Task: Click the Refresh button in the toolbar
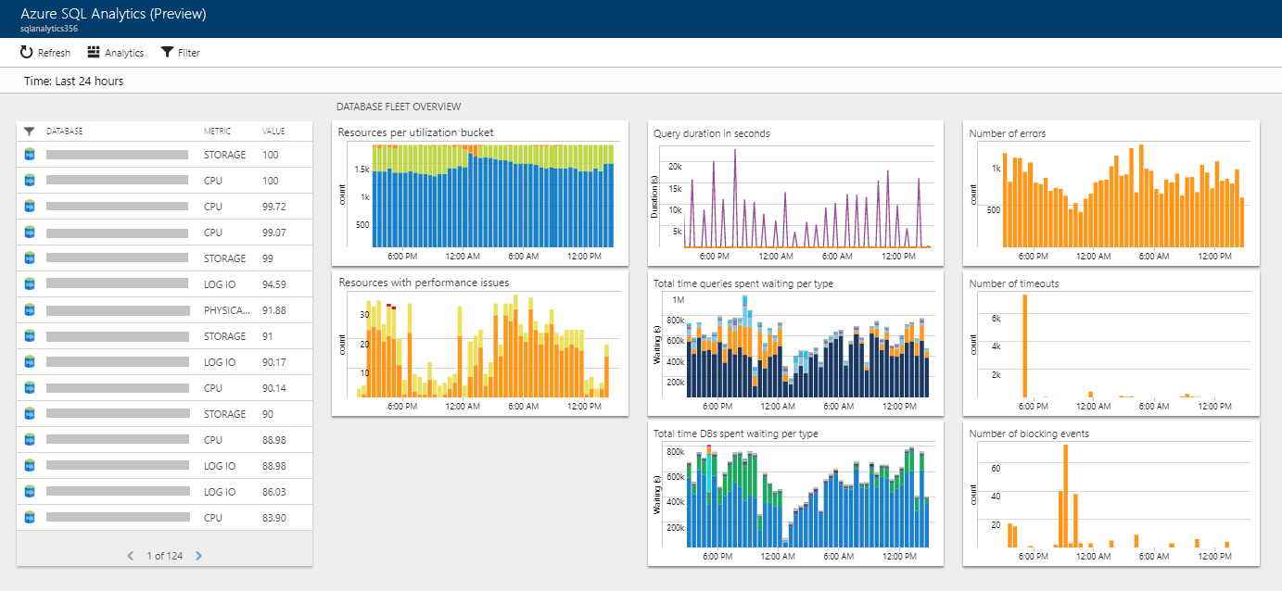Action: (44, 53)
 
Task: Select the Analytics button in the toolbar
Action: (116, 53)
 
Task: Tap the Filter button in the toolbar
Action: (180, 53)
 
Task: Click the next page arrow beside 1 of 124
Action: (198, 556)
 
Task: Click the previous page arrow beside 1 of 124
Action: (130, 556)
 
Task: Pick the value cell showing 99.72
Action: (274, 207)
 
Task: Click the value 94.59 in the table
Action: (274, 284)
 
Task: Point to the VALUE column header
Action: (273, 132)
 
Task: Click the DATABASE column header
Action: (65, 132)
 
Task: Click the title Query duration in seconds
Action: (711, 133)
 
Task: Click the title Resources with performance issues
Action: (424, 283)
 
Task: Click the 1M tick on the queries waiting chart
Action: (678, 301)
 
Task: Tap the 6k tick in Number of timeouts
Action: (995, 318)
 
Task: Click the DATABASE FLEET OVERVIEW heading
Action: (399, 107)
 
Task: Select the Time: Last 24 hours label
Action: (74, 82)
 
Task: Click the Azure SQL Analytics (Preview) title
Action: (113, 14)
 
